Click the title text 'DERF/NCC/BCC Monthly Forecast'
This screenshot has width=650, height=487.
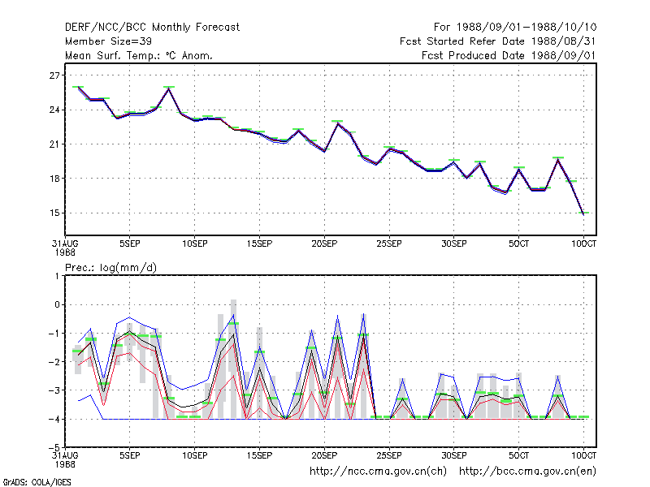[152, 28]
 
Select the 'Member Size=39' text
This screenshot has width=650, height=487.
[108, 41]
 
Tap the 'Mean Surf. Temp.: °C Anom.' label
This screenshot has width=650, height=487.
[139, 55]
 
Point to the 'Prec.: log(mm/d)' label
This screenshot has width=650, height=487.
[110, 268]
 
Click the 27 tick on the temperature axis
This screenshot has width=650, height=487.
[54, 75]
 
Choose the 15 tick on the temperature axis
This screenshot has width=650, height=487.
[54, 213]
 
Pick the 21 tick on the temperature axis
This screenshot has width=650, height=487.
[54, 144]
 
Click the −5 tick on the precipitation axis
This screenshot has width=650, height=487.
[54, 447]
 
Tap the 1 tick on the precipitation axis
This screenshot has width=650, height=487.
[57, 276]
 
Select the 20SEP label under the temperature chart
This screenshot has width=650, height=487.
[324, 243]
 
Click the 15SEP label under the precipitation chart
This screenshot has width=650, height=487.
[259, 455]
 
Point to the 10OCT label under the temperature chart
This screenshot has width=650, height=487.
[583, 243]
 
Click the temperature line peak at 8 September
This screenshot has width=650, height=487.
[169, 88]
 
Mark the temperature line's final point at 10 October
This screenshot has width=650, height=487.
[583, 214]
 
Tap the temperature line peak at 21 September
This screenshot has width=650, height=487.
[337, 123]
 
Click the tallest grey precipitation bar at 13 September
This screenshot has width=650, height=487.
[233, 359]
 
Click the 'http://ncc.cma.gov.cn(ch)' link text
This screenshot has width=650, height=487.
[378, 472]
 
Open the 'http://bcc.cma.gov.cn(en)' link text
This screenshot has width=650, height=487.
[527, 472]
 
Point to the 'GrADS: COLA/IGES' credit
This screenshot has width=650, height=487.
[37, 482]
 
